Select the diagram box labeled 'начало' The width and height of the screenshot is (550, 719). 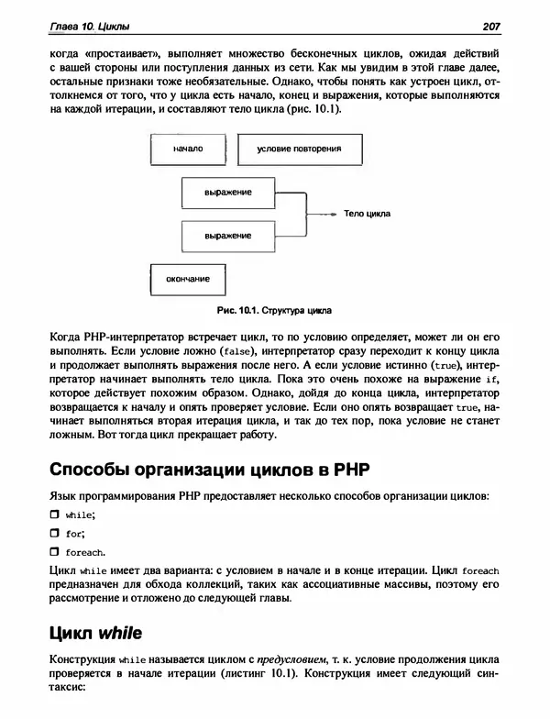tap(187, 148)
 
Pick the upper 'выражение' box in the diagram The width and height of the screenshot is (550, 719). tap(228, 193)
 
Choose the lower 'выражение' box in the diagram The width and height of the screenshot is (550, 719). tap(228, 236)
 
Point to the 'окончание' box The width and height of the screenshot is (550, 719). tap(187, 279)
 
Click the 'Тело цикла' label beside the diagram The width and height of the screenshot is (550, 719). tap(367, 214)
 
